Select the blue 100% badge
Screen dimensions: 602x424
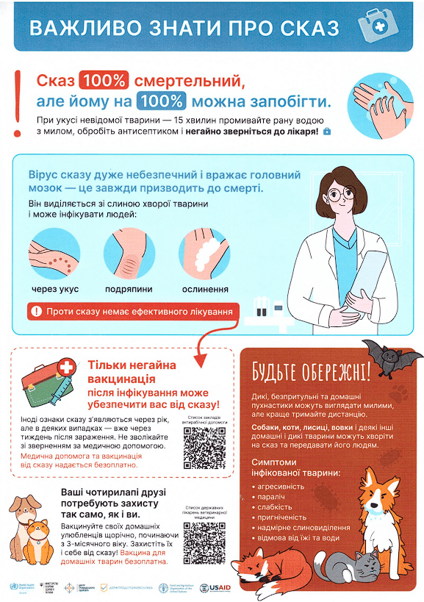[x=163, y=101]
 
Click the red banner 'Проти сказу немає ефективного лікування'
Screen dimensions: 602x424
[x=132, y=312]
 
